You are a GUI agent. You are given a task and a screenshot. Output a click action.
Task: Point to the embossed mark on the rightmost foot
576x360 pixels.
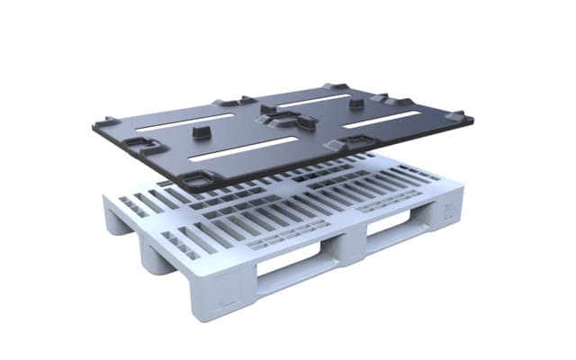point(449,212)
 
